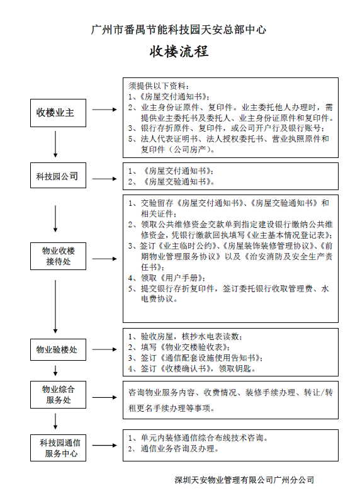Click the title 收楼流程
179,52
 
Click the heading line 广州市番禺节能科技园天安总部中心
179,30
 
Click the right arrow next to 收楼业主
104,110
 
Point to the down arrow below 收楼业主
55,144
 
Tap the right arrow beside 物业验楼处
104,349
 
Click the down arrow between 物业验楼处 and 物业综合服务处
55,371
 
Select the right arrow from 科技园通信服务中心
104,445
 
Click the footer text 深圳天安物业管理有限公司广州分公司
244,480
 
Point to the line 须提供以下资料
159,86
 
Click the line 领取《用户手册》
167,278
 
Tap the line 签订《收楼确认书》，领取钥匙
192,368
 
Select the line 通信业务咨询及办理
174,448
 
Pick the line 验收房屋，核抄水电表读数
185,337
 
